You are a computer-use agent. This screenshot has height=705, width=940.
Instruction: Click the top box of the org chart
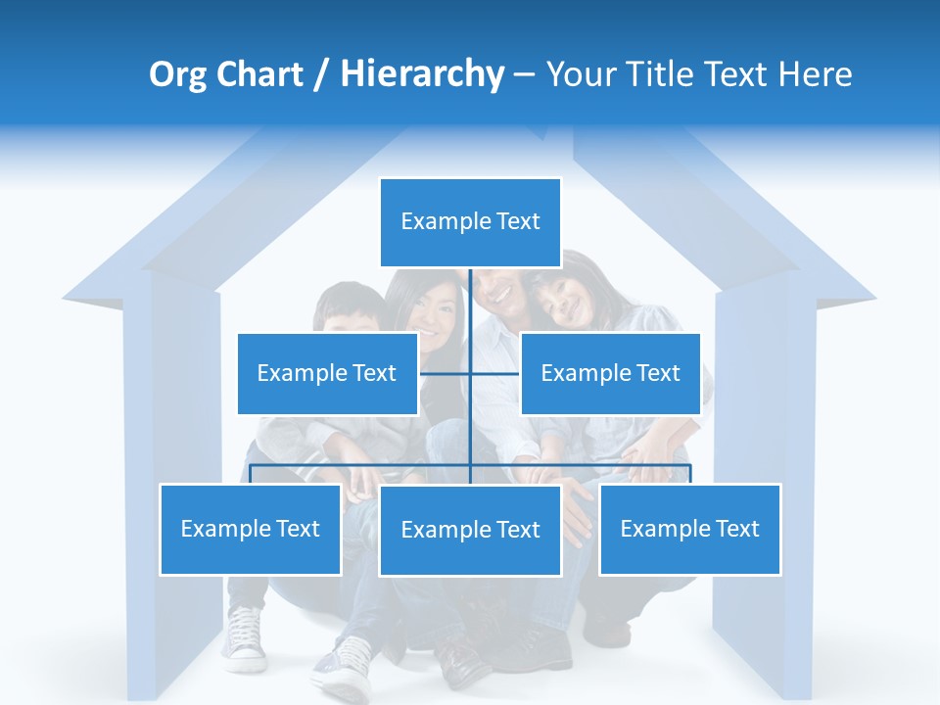click(x=470, y=222)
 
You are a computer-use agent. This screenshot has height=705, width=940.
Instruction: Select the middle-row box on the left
click(x=327, y=373)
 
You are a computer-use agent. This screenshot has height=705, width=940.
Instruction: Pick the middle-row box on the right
click(x=610, y=373)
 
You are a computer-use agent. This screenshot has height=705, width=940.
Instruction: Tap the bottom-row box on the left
click(x=251, y=529)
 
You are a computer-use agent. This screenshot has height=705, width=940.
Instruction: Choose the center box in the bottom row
click(x=470, y=530)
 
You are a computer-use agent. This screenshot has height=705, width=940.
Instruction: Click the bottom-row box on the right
click(x=689, y=529)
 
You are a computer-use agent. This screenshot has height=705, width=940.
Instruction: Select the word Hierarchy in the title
click(x=422, y=74)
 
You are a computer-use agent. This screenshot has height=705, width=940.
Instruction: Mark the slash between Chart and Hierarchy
click(x=322, y=75)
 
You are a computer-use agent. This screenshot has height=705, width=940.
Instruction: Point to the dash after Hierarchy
click(x=524, y=75)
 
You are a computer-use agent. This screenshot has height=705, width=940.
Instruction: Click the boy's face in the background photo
click(x=350, y=313)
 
